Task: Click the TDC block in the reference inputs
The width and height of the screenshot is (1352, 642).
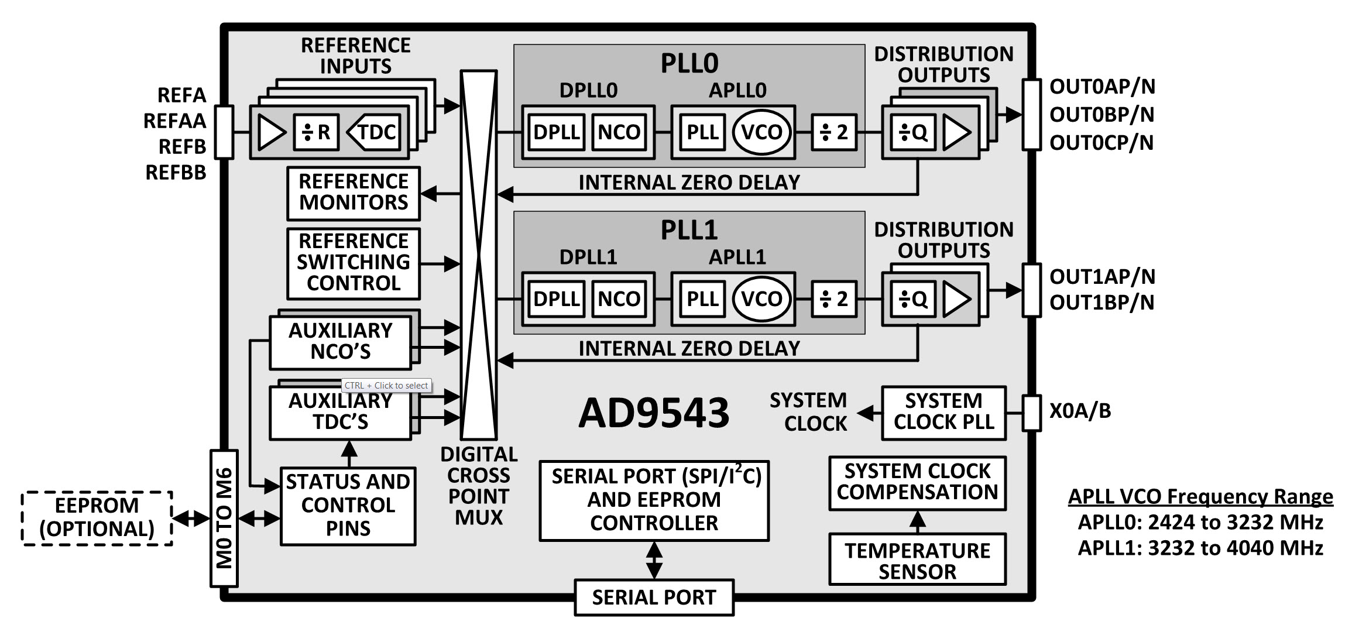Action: pos(375,132)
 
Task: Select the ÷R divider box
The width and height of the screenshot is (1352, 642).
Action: pos(316,132)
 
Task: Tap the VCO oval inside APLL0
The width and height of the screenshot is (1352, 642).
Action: pos(761,132)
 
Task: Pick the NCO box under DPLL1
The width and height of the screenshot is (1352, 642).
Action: pos(619,299)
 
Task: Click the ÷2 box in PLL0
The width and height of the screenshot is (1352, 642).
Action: pos(834,132)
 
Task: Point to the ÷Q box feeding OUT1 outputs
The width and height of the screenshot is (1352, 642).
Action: pos(913,300)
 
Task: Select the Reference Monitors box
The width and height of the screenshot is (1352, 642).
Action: pos(354,193)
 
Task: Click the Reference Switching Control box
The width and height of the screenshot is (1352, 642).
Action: pos(354,263)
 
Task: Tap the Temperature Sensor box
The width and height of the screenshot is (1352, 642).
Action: pos(917,560)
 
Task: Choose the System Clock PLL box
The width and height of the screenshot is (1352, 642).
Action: pos(943,412)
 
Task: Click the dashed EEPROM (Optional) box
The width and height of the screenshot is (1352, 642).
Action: pos(97,518)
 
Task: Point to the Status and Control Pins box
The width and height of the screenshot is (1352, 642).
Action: pos(348,506)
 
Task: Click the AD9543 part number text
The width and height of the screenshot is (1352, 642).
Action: pos(654,413)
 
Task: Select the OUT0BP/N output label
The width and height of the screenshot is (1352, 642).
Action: pos(1101,115)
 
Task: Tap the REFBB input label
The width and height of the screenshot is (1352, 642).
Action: pos(176,173)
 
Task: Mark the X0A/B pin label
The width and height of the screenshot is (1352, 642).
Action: pos(1080,411)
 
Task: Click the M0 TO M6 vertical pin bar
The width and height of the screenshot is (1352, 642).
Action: pos(224,518)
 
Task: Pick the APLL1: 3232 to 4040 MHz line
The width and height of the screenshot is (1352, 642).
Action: pos(1200,548)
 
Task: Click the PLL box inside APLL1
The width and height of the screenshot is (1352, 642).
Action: pos(702,299)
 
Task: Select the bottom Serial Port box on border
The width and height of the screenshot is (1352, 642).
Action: pos(654,598)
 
